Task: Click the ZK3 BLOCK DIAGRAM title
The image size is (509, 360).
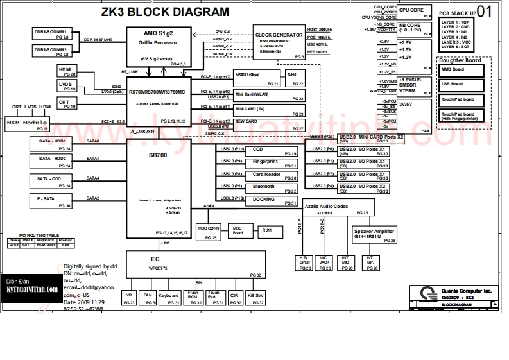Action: [x=165, y=12]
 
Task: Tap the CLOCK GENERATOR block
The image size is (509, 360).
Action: [x=279, y=46]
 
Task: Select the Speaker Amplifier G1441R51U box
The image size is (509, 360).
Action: [x=374, y=234]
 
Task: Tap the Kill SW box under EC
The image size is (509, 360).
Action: [x=255, y=298]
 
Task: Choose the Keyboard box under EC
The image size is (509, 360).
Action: [x=169, y=298]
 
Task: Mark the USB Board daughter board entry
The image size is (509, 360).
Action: [x=464, y=84]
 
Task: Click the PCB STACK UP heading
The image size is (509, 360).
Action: [x=457, y=13]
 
